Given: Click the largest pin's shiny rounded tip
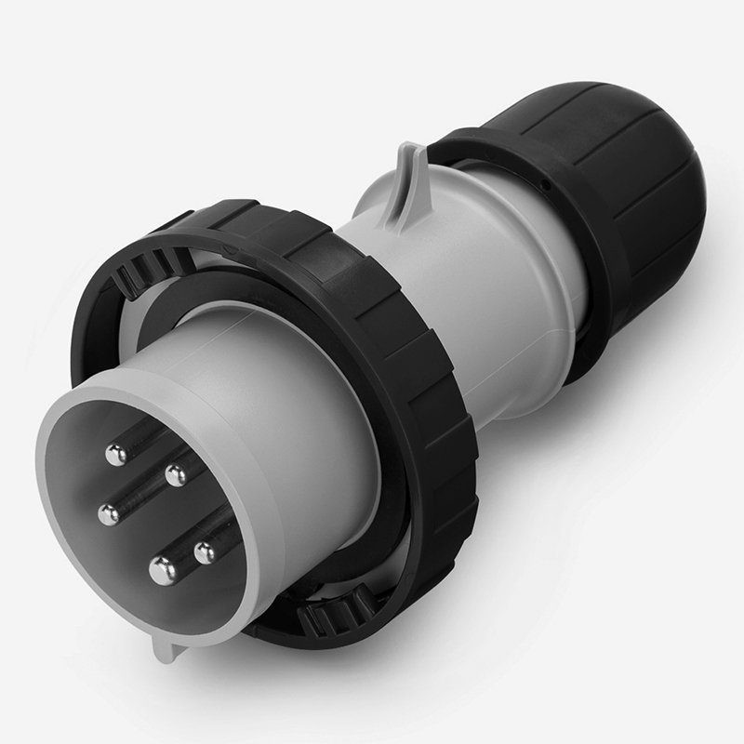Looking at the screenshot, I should [164, 566].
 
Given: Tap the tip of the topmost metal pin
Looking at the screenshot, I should [116, 455].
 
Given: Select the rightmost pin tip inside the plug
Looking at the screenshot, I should [205, 553].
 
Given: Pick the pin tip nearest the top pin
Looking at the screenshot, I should [174, 476].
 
